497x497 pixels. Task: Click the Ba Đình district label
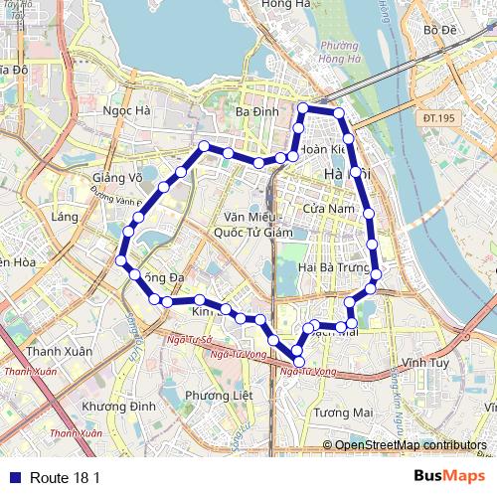click(x=257, y=112)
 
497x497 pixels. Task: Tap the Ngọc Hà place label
click(x=126, y=111)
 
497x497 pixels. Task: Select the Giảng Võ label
click(x=117, y=177)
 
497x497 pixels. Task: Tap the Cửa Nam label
click(x=328, y=209)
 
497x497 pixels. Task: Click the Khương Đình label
click(x=119, y=407)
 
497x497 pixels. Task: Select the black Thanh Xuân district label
click(x=59, y=351)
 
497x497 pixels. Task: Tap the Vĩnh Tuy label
click(x=425, y=363)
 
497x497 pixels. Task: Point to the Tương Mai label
click(x=342, y=412)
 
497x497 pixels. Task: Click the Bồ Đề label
click(x=439, y=30)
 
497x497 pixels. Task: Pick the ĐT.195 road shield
click(x=438, y=118)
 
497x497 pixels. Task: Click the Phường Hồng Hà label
click(x=339, y=52)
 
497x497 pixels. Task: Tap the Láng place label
click(x=66, y=217)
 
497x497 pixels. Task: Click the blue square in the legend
click(x=13, y=477)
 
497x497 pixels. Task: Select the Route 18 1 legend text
click(x=65, y=477)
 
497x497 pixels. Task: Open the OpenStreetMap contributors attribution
click(x=411, y=445)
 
